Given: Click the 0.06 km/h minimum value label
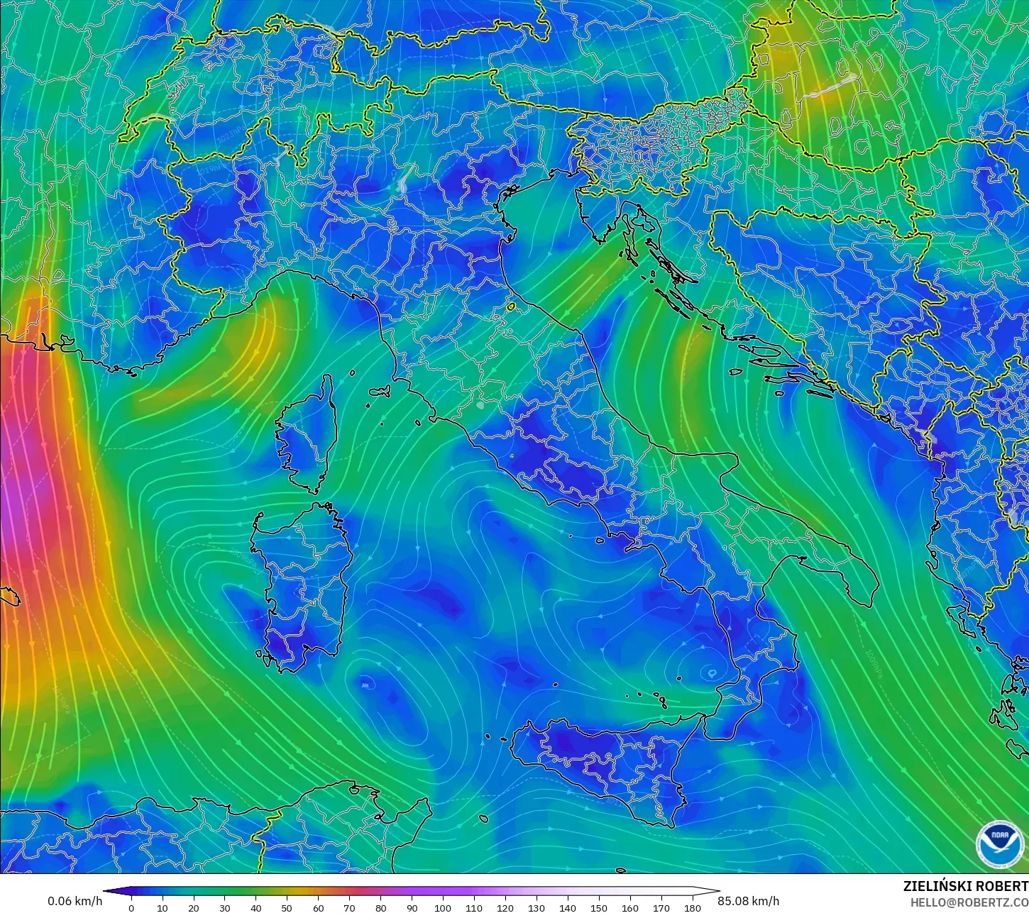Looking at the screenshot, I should point(75,901).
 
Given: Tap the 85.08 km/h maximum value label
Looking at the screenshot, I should point(748,901).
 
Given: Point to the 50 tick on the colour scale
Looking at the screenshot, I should point(287,907).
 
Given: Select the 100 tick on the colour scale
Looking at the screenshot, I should point(443,907).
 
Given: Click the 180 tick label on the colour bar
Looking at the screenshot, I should point(692,907).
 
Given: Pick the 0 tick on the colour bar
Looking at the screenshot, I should point(131,907).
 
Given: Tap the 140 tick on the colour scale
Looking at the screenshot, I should point(567,907).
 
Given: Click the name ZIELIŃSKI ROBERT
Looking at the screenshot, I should point(965,886).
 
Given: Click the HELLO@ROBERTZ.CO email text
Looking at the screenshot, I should point(969,902).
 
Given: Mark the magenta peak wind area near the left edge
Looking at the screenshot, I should point(18,497).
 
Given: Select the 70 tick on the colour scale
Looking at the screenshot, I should point(349,907).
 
